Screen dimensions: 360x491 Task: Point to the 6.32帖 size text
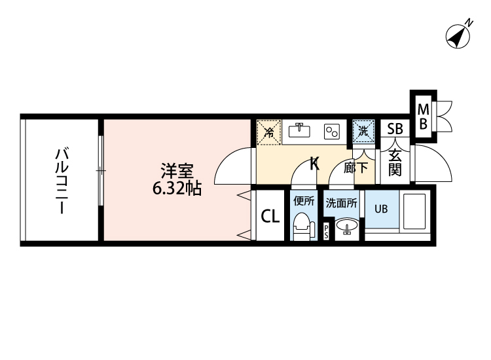176,189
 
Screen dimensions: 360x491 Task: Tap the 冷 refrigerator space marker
268,131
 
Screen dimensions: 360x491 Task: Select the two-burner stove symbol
333,131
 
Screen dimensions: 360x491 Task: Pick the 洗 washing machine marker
364,130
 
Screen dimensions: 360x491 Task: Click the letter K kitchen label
314,163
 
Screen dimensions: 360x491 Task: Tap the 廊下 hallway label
356,167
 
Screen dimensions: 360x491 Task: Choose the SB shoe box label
395,128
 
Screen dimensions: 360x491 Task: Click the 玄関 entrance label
395,163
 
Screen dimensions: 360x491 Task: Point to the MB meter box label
423,115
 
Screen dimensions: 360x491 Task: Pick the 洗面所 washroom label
342,203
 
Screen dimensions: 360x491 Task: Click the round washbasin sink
346,226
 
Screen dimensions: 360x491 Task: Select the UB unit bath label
380,209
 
